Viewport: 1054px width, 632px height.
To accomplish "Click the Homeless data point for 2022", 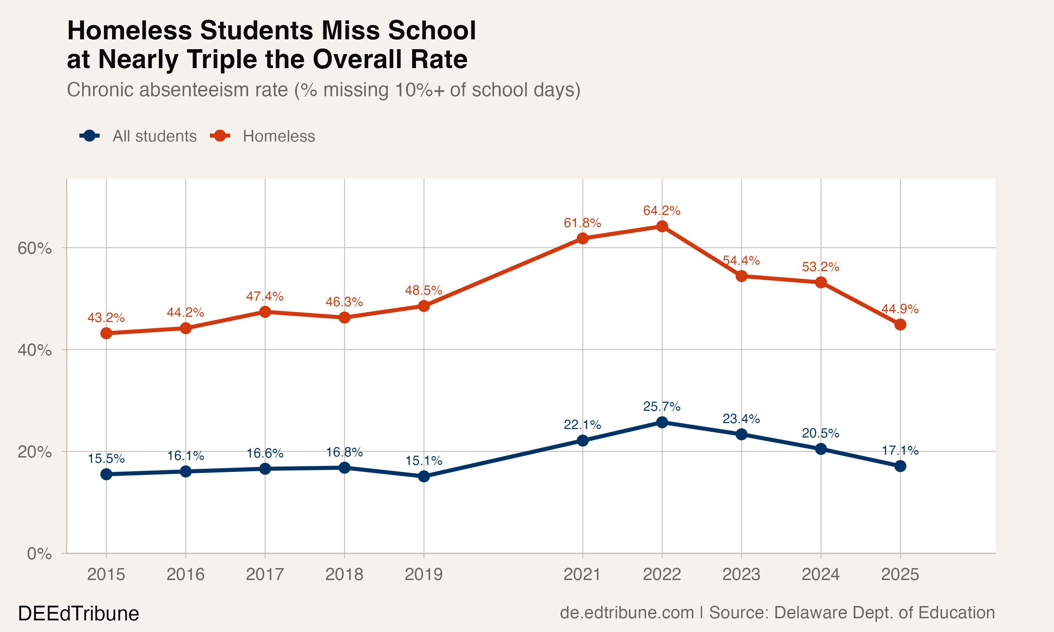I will click(662, 226).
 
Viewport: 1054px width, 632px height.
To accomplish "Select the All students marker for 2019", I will click(423, 476).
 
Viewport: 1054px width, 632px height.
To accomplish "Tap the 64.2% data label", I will click(662, 210).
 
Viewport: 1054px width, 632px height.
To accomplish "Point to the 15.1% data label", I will click(423, 460).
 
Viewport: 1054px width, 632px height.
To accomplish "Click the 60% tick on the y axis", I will click(34, 248).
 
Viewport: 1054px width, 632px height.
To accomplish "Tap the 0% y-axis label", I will click(39, 554).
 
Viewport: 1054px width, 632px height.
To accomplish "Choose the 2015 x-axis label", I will click(106, 574).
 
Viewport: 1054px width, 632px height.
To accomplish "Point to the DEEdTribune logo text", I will click(78, 614).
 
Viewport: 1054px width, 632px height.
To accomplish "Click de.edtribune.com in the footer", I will click(627, 612).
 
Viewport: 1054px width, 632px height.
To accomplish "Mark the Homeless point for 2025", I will click(900, 324).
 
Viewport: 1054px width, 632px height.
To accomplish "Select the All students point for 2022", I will click(662, 422).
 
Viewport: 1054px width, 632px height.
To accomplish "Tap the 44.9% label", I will click(900, 309).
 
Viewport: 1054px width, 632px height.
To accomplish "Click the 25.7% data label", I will click(662, 407).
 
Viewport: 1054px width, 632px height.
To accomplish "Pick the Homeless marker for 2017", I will click(265, 312).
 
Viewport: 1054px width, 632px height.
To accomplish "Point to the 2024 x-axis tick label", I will click(820, 574).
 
